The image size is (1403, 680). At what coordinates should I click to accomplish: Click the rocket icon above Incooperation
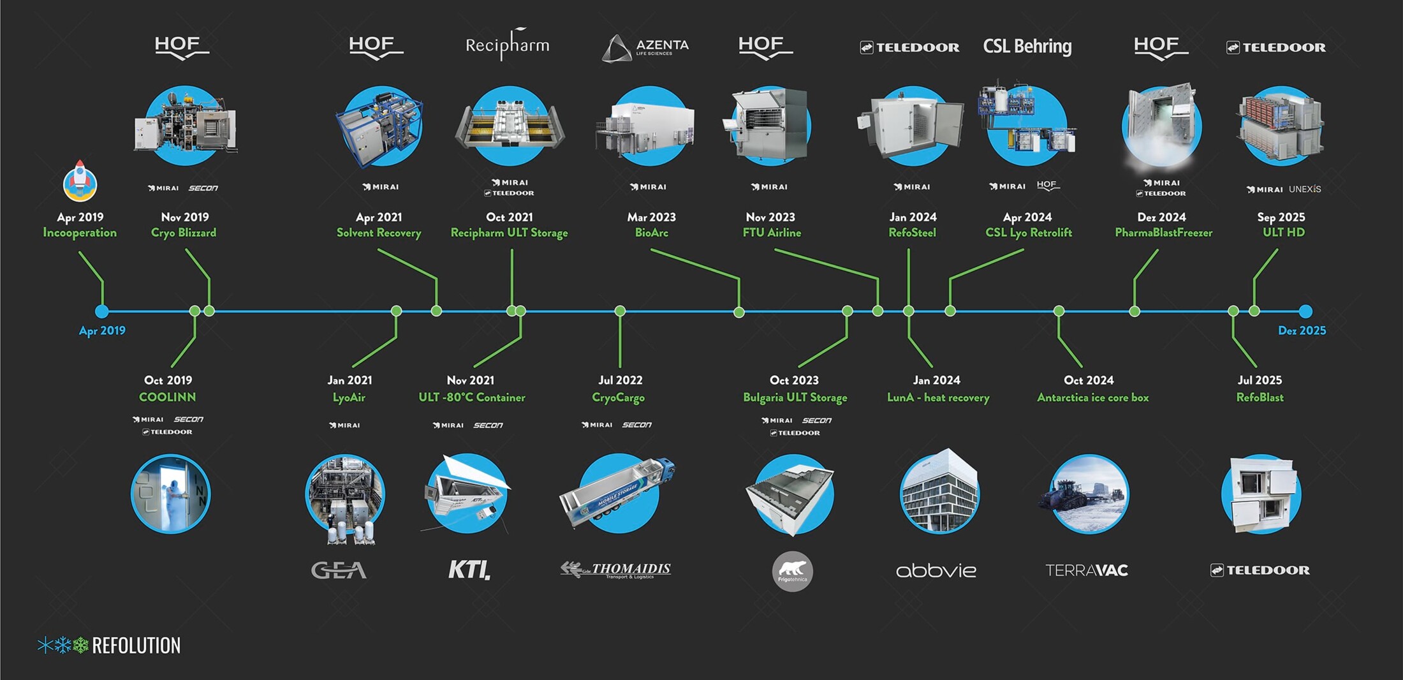(80, 181)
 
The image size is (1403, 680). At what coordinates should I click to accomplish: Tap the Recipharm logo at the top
(507, 45)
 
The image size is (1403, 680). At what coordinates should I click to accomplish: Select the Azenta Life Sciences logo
(645, 48)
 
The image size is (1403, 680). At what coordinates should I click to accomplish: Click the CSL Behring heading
(1027, 47)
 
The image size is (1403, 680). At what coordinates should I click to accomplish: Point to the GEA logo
(339, 570)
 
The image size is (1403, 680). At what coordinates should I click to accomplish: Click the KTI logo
(469, 570)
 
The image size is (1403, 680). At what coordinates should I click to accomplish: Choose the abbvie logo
(936, 570)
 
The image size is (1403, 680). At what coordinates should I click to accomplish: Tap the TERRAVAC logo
(1086, 570)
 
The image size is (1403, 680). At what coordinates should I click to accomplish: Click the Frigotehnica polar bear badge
(792, 572)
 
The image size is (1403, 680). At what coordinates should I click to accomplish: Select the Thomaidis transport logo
(615, 570)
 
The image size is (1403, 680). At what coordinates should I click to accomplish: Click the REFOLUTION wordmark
(136, 646)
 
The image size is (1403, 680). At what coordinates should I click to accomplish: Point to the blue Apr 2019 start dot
(102, 311)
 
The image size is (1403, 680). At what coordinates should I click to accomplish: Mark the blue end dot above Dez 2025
(1305, 311)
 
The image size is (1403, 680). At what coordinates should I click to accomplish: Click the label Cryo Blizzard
(184, 233)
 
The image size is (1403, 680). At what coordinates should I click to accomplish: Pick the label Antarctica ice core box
(1092, 397)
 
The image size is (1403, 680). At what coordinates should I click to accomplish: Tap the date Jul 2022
(620, 380)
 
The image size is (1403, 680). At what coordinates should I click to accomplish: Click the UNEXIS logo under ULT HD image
(1304, 189)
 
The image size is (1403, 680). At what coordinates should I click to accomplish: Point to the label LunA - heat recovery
(937, 397)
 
